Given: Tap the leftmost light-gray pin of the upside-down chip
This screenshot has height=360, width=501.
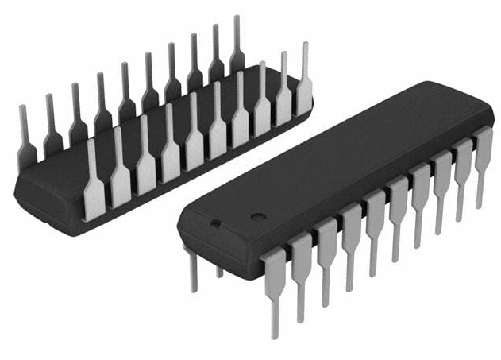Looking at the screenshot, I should click(x=94, y=183).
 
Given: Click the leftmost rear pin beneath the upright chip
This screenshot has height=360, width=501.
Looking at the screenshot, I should click(x=193, y=270).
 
